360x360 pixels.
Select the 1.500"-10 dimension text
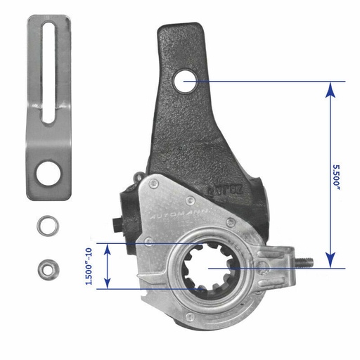(89, 265)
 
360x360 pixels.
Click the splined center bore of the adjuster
(211, 267)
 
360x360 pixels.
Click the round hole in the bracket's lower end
(49, 172)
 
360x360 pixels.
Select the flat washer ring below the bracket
(48, 226)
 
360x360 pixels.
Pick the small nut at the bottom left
(48, 268)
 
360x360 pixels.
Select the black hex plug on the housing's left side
(116, 225)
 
